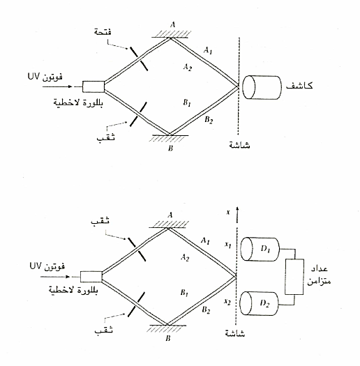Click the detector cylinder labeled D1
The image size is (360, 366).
pyautogui.click(x=260, y=249)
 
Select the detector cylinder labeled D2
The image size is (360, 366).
pyautogui.click(x=260, y=303)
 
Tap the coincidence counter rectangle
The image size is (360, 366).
pyautogui.click(x=294, y=277)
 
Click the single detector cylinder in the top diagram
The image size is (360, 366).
pyautogui.click(x=262, y=87)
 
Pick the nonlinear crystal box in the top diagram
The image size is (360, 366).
pyautogui.click(x=93, y=86)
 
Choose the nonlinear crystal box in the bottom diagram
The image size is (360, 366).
pyautogui.click(x=91, y=277)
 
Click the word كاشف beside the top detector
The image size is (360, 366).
pyautogui.click(x=299, y=86)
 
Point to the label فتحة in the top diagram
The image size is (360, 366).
pyautogui.click(x=103, y=31)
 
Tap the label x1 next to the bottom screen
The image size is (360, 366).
pyautogui.click(x=227, y=245)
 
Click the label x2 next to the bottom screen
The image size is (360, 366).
pyautogui.click(x=227, y=302)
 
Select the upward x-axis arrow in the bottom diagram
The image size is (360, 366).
pyautogui.click(x=237, y=215)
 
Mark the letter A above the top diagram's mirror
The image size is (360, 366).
pyautogui.click(x=172, y=24)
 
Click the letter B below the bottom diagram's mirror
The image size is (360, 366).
pyautogui.click(x=168, y=338)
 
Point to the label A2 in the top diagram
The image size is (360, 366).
pyautogui.click(x=188, y=67)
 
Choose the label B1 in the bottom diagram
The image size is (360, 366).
pyautogui.click(x=184, y=293)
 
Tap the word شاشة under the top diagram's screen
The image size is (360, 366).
pyautogui.click(x=239, y=145)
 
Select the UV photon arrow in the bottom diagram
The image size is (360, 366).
pyautogui.click(x=55, y=277)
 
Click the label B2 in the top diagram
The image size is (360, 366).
pyautogui.click(x=209, y=120)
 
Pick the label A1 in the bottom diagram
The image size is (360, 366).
pyautogui.click(x=205, y=241)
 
